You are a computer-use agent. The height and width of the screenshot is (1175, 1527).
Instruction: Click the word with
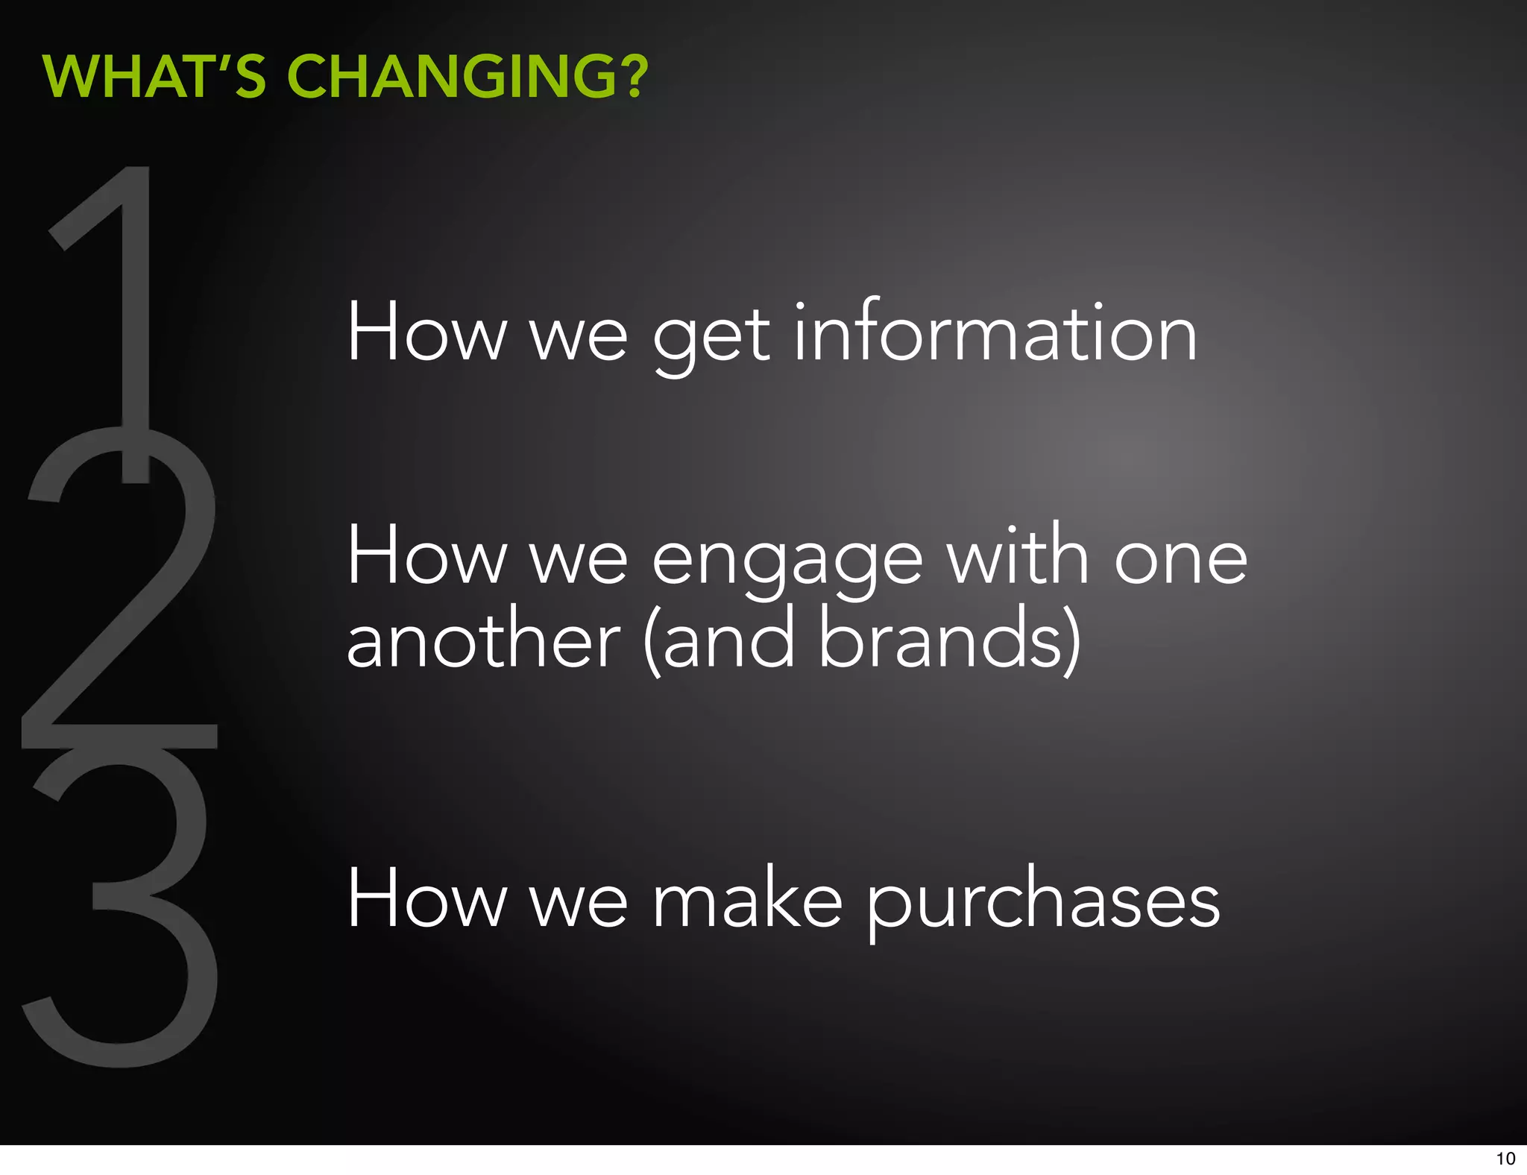[1018, 555]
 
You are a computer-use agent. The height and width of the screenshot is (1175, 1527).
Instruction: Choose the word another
[483, 640]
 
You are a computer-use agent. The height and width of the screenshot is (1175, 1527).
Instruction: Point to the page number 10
[1505, 1159]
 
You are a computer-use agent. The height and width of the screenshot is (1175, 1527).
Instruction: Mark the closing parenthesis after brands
[1071, 640]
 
